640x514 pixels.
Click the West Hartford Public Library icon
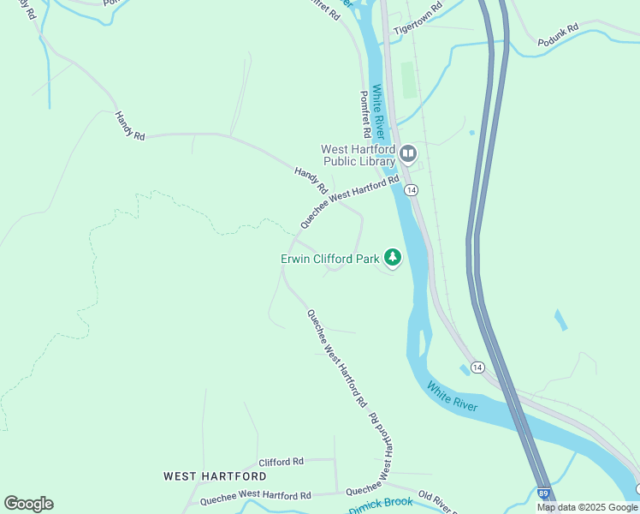pyautogui.click(x=407, y=154)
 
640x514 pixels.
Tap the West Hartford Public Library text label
pyautogui.click(x=359, y=154)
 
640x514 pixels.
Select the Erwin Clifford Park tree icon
pyautogui.click(x=393, y=257)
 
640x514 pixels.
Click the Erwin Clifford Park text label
pyautogui.click(x=329, y=258)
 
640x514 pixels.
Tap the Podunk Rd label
pyautogui.click(x=558, y=35)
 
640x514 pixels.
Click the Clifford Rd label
pyautogui.click(x=281, y=461)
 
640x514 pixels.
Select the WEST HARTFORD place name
pyautogui.click(x=215, y=475)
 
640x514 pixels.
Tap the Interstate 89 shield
pyautogui.click(x=544, y=494)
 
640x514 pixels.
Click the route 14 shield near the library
pyautogui.click(x=412, y=189)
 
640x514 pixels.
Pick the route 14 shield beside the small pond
pyautogui.click(x=477, y=367)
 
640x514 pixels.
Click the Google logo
pyautogui.click(x=28, y=503)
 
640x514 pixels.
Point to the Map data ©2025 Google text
pyautogui.click(x=587, y=507)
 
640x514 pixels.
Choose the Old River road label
pyautogui.click(x=436, y=502)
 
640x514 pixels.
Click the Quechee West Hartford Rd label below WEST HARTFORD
pyautogui.click(x=256, y=496)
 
